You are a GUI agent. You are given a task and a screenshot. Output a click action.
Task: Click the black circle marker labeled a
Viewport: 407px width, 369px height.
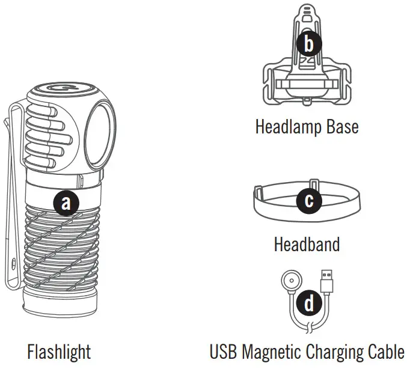coord(66,203)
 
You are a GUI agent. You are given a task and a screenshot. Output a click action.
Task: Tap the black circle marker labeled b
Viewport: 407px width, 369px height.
coord(309,43)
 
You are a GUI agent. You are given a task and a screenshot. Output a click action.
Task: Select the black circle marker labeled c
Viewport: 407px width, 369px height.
coord(309,200)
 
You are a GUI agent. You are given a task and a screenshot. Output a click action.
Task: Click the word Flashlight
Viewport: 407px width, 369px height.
coord(59,351)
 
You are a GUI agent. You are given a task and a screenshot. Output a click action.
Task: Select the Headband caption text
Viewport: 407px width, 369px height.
coord(307,245)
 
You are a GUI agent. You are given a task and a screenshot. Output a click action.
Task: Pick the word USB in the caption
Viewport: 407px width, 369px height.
coord(222,351)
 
